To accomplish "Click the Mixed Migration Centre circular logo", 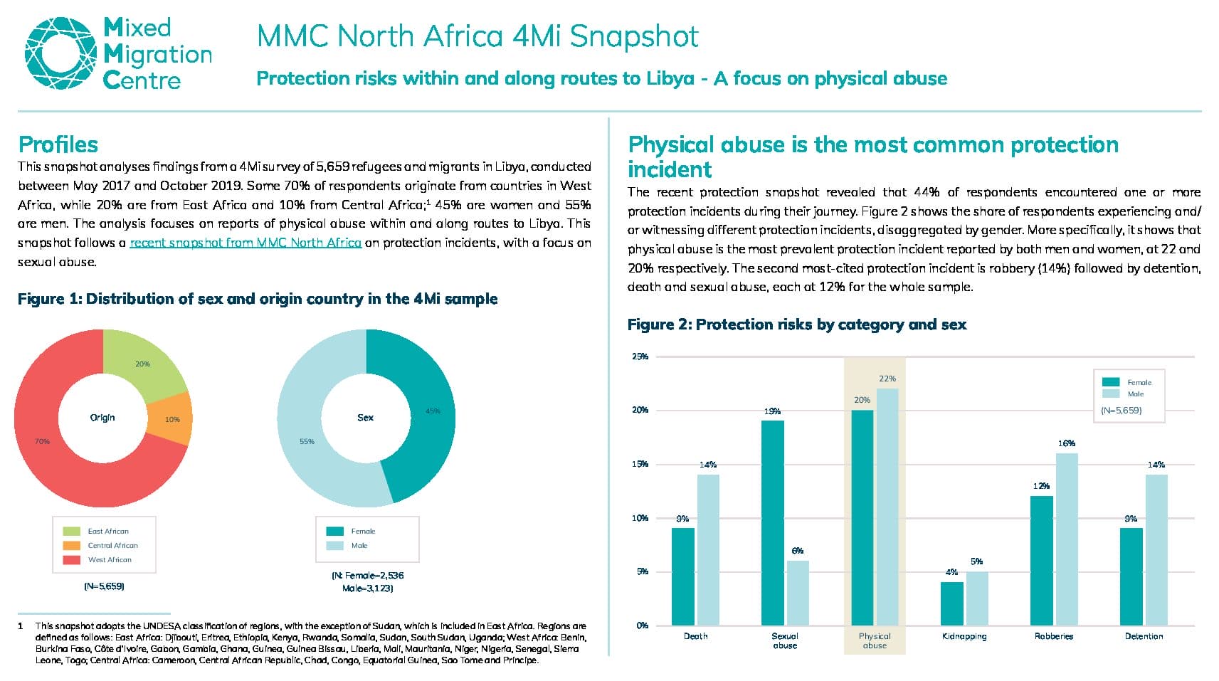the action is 60,53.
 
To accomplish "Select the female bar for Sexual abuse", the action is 772,522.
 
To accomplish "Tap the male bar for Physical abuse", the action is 887,507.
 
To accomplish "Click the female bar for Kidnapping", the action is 952,603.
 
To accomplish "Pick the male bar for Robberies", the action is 1067,539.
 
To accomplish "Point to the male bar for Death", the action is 708,550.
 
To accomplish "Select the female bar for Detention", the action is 1131,576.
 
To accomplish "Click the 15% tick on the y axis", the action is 640,465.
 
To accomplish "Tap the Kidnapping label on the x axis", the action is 964,636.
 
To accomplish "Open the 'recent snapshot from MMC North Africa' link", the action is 246,243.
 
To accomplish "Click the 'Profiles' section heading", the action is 58,144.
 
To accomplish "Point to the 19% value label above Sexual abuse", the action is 772,411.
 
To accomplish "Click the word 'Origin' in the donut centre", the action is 102,418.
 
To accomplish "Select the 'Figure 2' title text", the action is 797,324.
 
